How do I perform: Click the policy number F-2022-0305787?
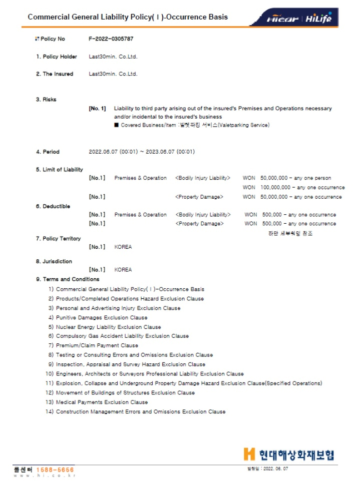111,39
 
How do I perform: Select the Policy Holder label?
57,57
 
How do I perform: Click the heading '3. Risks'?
46,99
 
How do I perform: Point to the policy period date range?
142,152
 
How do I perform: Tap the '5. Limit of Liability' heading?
60,170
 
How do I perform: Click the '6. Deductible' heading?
53,206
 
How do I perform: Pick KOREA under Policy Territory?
123,247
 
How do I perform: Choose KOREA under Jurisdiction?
123,270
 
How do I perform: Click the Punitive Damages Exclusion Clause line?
102,317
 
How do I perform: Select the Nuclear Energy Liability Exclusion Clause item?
108,327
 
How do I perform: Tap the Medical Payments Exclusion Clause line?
102,402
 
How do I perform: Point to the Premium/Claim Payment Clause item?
97,345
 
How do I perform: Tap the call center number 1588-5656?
55,470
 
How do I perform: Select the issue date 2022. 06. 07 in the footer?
275,468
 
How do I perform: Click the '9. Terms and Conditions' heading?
68,279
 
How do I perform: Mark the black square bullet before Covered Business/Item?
116,125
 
